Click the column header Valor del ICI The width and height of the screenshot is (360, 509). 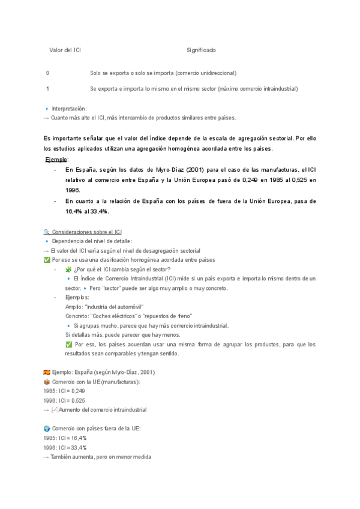tap(65, 50)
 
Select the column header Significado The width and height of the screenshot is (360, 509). tap(201, 50)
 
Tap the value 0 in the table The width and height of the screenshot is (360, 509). tap(47, 73)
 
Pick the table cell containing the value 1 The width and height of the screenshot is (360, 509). tap(47, 88)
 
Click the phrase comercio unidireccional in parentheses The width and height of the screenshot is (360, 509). tap(205, 73)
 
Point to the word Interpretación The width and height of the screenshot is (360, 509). tap(70, 109)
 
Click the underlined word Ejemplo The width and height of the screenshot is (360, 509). tap(57, 159)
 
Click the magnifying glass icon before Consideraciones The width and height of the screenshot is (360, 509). tap(47, 232)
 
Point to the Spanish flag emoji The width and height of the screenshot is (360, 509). tap(47, 372)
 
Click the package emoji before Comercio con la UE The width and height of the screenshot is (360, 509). tap(47, 382)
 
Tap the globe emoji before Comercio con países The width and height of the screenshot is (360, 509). tap(47, 429)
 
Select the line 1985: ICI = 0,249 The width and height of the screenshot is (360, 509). tap(65, 391)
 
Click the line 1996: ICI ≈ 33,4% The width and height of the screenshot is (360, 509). tap(65, 448)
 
